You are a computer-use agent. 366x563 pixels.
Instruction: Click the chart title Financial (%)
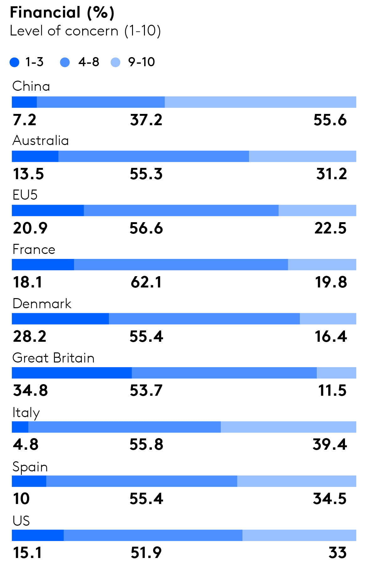[x=62, y=13]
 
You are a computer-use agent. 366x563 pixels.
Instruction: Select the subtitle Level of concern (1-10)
[x=85, y=31]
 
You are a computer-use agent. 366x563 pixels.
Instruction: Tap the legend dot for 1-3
[x=14, y=62]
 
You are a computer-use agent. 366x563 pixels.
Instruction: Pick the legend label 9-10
[x=141, y=62]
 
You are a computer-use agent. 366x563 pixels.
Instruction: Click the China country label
[x=31, y=86]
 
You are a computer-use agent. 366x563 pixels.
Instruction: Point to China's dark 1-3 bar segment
[x=24, y=102]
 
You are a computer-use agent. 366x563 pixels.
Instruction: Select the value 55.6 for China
[x=330, y=120]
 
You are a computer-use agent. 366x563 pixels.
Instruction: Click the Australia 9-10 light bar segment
[x=302, y=156]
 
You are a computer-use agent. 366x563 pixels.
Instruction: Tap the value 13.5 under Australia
[x=28, y=174]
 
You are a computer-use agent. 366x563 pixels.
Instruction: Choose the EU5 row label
[x=25, y=195]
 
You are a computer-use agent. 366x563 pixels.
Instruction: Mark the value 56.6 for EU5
[x=146, y=228]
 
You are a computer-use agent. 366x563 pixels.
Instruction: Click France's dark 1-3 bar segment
[x=43, y=265]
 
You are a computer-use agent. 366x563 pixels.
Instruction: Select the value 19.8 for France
[x=331, y=282]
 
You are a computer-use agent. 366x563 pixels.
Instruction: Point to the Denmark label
[x=42, y=304]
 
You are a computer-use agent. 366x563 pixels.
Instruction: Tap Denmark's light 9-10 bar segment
[x=328, y=319]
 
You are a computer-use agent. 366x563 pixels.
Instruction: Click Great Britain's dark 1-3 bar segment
[x=72, y=373]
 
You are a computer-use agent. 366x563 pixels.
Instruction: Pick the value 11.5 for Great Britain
[x=332, y=391]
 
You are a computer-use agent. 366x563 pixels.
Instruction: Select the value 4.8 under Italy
[x=26, y=445]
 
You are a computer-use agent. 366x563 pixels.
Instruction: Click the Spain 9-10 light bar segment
[x=296, y=481]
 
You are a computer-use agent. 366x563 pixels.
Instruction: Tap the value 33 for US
[x=337, y=553]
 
